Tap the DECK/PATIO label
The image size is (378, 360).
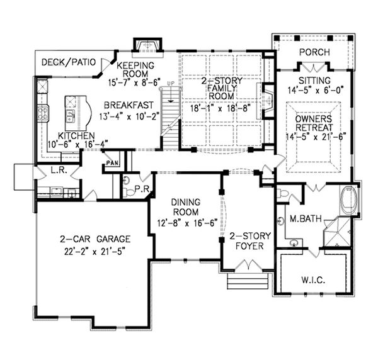pos(68,62)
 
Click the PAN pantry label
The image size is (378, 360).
pos(113,163)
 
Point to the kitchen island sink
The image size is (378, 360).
pos(71,115)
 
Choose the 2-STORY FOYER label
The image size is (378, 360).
pos(249,241)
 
